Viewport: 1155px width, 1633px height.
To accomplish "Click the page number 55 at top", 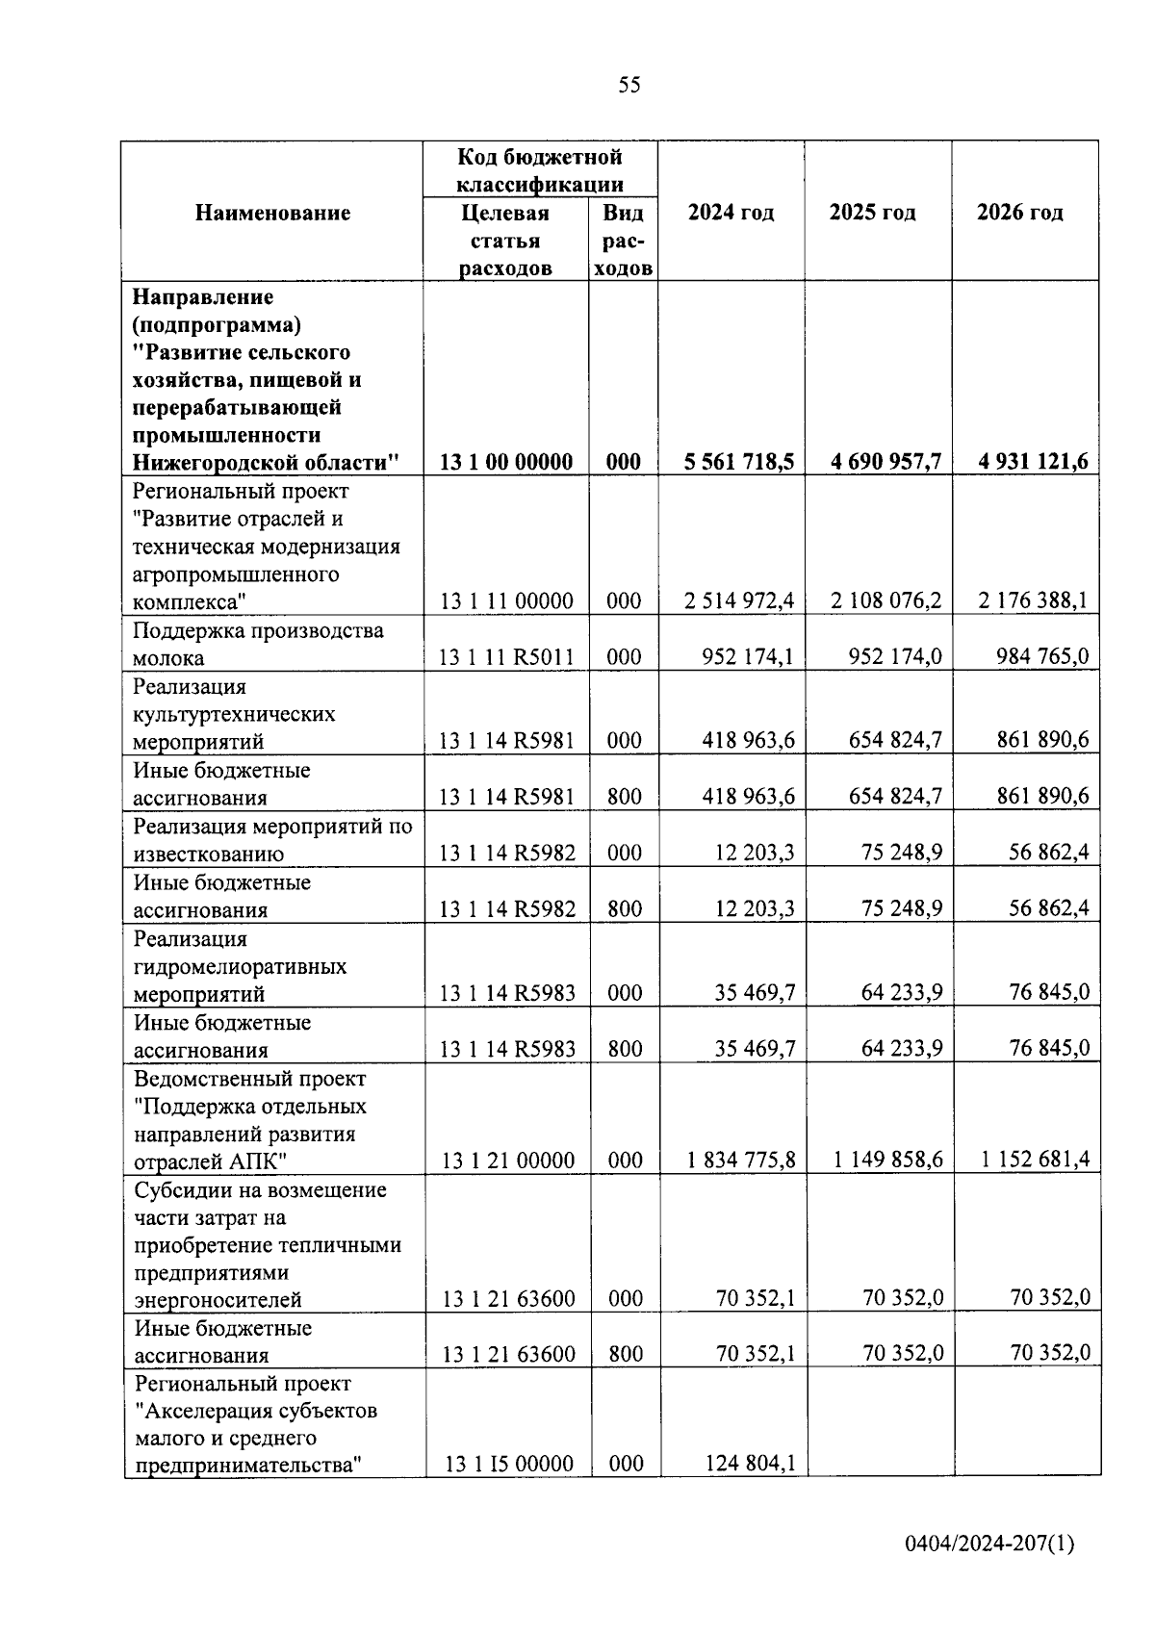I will tap(629, 86).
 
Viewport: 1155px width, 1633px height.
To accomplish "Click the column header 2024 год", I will tap(731, 213).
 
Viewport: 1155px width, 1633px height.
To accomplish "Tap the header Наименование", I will tap(272, 213).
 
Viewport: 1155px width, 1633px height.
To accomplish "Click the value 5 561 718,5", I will tap(739, 462).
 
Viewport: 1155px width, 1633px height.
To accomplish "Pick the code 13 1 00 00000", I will tap(506, 462).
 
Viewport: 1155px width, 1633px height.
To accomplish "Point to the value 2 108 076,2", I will tap(886, 601).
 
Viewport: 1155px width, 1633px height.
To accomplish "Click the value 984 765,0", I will tap(1042, 657).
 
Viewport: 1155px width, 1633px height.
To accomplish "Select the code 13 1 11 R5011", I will tap(506, 657).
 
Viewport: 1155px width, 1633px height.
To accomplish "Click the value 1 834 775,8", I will tap(741, 1160).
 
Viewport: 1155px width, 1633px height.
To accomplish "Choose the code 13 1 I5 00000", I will tap(508, 1464).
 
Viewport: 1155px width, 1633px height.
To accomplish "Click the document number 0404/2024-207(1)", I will tap(989, 1544).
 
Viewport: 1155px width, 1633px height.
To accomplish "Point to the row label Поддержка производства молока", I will tap(258, 644).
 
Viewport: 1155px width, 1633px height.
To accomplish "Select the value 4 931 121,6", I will tap(1033, 462).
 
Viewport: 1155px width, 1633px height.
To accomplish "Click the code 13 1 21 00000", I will tap(508, 1161).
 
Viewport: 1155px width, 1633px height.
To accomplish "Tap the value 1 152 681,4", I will tap(1035, 1160).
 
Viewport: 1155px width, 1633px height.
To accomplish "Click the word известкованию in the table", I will tap(208, 854).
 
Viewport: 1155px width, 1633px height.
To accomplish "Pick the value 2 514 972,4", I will tap(739, 601).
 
